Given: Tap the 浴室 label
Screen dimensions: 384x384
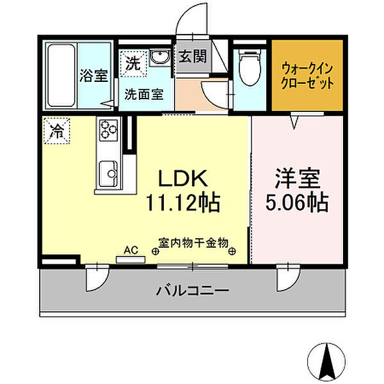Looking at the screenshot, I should pos(93,76).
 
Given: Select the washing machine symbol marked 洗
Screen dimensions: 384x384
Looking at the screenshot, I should pos(132,63).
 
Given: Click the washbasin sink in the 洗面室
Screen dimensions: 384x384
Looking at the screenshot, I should pos(159,58).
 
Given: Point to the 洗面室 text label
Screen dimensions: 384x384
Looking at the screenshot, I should pos(143,93).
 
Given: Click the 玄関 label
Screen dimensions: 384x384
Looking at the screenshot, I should pos(192,56).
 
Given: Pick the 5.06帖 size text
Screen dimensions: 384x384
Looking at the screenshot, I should pos(297,204).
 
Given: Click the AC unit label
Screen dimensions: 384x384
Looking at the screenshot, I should pos(131,252).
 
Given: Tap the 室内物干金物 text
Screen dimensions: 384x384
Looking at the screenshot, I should pos(193,243).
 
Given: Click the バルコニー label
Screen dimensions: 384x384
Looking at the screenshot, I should pos(192,291).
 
